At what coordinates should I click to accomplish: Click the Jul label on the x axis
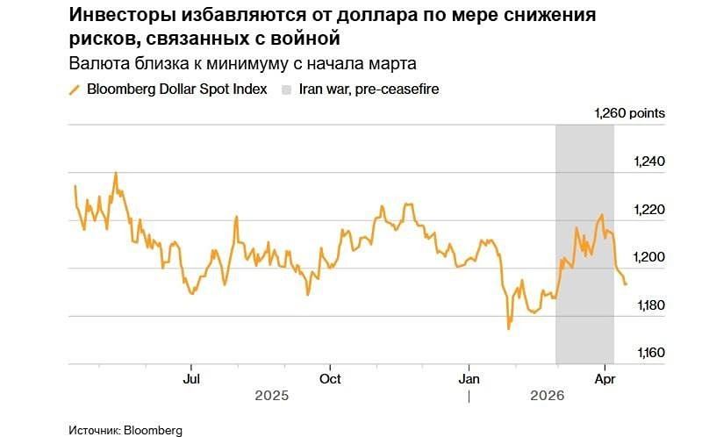click(x=190, y=378)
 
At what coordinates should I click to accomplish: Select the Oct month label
click(x=330, y=378)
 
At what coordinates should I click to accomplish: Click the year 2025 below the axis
click(x=272, y=397)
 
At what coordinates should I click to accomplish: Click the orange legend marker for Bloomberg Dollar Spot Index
click(x=75, y=89)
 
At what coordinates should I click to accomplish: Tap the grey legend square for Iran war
click(x=286, y=89)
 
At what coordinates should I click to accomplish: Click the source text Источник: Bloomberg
click(x=126, y=430)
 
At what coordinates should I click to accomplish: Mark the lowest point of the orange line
click(x=508, y=329)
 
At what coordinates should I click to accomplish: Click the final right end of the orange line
click(x=626, y=283)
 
